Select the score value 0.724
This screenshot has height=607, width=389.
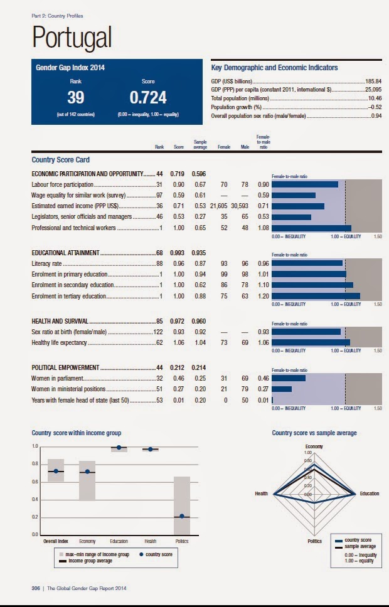pos(148,98)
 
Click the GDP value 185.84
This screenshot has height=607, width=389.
pos(373,82)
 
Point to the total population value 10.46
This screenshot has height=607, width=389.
pos(375,98)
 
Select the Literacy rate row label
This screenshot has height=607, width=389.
pos(49,264)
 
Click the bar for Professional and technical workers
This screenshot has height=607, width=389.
pos(311,228)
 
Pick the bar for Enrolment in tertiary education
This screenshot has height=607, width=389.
pos(316,295)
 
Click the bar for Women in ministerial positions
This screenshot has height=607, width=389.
pos(282,389)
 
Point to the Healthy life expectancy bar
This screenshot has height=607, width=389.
pos(311,342)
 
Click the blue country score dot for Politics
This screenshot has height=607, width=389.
pos(182,516)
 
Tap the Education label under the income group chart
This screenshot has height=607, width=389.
pos(119,541)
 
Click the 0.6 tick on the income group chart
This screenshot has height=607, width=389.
pos(35,482)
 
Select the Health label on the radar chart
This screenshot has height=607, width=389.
pos(261,494)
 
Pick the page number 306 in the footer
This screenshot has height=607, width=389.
pos(36,588)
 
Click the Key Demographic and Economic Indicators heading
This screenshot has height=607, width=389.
pos(275,68)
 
